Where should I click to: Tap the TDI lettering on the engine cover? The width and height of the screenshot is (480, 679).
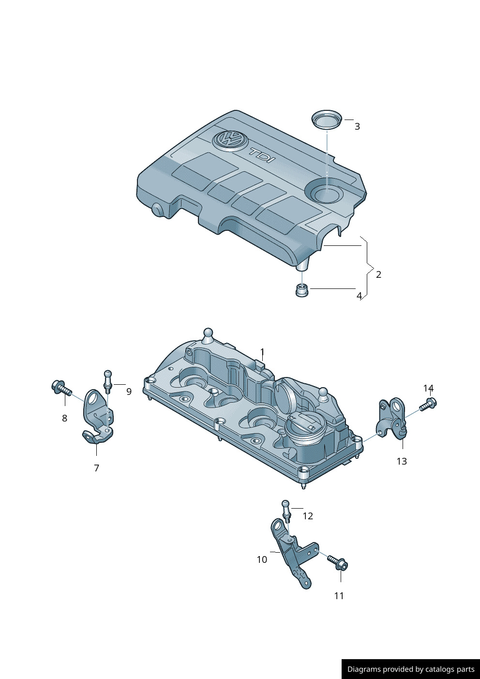261,155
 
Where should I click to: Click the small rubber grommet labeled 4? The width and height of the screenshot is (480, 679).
302,290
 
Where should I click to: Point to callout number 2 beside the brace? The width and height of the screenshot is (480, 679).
378,274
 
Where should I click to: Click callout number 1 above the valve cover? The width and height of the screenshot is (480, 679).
262,352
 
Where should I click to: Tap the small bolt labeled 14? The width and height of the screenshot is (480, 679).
429,404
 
